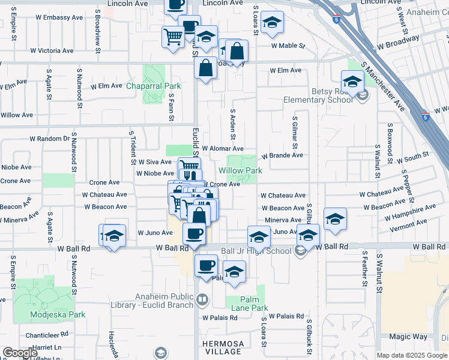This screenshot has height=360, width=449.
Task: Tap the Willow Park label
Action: click(x=241, y=171)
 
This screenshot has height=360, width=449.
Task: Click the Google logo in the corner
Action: click(x=20, y=353)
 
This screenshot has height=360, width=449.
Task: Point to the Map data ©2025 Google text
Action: click(x=411, y=355)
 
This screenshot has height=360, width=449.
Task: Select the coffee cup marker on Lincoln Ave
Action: click(x=176, y=5)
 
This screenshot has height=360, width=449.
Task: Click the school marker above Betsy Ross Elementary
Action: click(x=352, y=80)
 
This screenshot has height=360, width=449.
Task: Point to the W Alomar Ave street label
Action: click(x=223, y=148)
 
